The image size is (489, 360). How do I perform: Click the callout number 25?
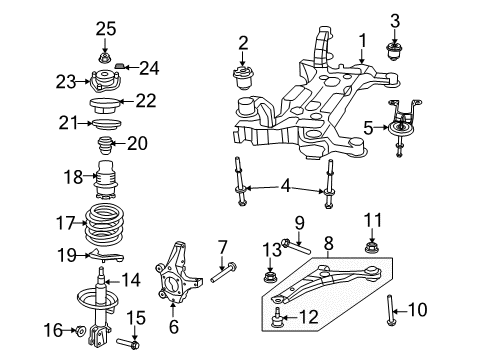point(106,29)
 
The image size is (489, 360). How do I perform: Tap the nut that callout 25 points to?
point(105,58)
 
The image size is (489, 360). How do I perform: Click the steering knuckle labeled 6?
point(177,273)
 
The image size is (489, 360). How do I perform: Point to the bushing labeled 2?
point(244,78)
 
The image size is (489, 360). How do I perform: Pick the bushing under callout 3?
point(394,51)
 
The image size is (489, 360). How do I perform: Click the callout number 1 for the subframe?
point(362,41)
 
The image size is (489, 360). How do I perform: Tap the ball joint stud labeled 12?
point(277,318)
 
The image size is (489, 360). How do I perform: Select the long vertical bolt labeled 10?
point(389,310)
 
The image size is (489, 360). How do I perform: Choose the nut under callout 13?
point(270,277)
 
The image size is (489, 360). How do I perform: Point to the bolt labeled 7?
point(223,273)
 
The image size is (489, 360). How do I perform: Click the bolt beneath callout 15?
point(128,344)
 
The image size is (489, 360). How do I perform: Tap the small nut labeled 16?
point(81,331)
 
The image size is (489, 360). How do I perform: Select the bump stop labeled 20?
point(105,146)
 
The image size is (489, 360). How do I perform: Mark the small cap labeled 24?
point(120,65)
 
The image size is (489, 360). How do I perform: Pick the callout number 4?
point(286,186)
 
